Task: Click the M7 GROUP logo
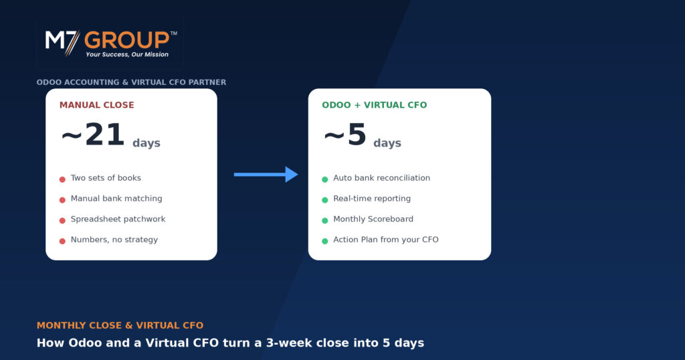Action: coord(111,43)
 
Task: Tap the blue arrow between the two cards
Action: coord(266,175)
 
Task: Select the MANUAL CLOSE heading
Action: coord(96,105)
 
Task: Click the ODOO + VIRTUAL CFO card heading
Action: coord(375,105)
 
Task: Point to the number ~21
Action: coord(92,134)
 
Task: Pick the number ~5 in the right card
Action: coord(345,134)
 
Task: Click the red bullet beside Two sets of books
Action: coord(62,179)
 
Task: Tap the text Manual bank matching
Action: coord(116,198)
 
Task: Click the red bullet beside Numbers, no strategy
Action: coord(62,241)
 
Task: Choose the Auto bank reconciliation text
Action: coord(381,178)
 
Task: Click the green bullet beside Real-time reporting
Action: coord(325,200)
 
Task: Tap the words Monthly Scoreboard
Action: coord(373,219)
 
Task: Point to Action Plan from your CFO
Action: coord(386,240)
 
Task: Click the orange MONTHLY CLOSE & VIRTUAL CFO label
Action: coord(120,325)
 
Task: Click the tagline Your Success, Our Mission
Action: coord(127,55)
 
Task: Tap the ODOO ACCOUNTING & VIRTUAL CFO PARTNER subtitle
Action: coord(132,82)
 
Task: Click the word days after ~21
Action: coord(146,143)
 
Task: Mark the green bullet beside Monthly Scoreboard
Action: coord(325,221)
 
